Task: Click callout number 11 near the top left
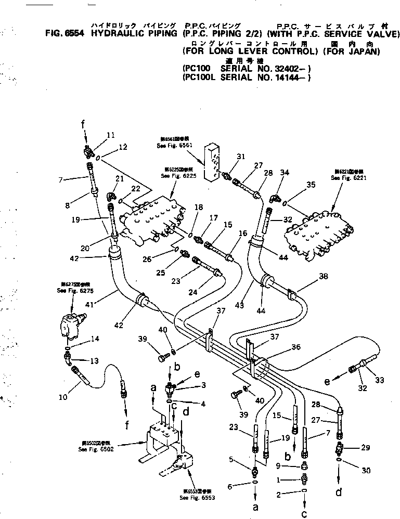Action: coord(110,135)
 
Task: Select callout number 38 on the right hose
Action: coord(323,277)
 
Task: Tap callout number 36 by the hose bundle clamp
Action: coord(296,347)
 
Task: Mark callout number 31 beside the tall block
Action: coord(240,156)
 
